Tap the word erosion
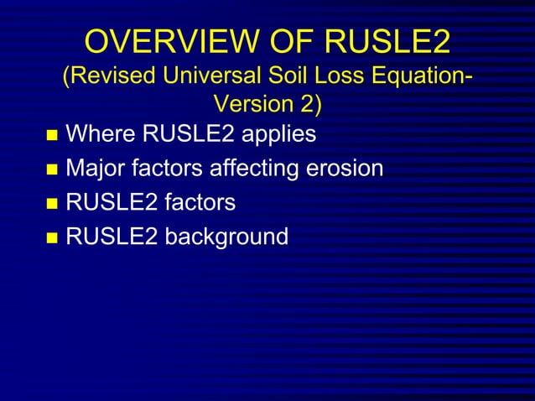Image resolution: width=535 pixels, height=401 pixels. click(x=344, y=169)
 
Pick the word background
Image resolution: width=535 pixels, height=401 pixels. click(x=226, y=237)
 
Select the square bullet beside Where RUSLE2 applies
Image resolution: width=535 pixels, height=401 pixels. click(x=53, y=136)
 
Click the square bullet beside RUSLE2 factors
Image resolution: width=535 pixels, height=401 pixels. click(x=53, y=204)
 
